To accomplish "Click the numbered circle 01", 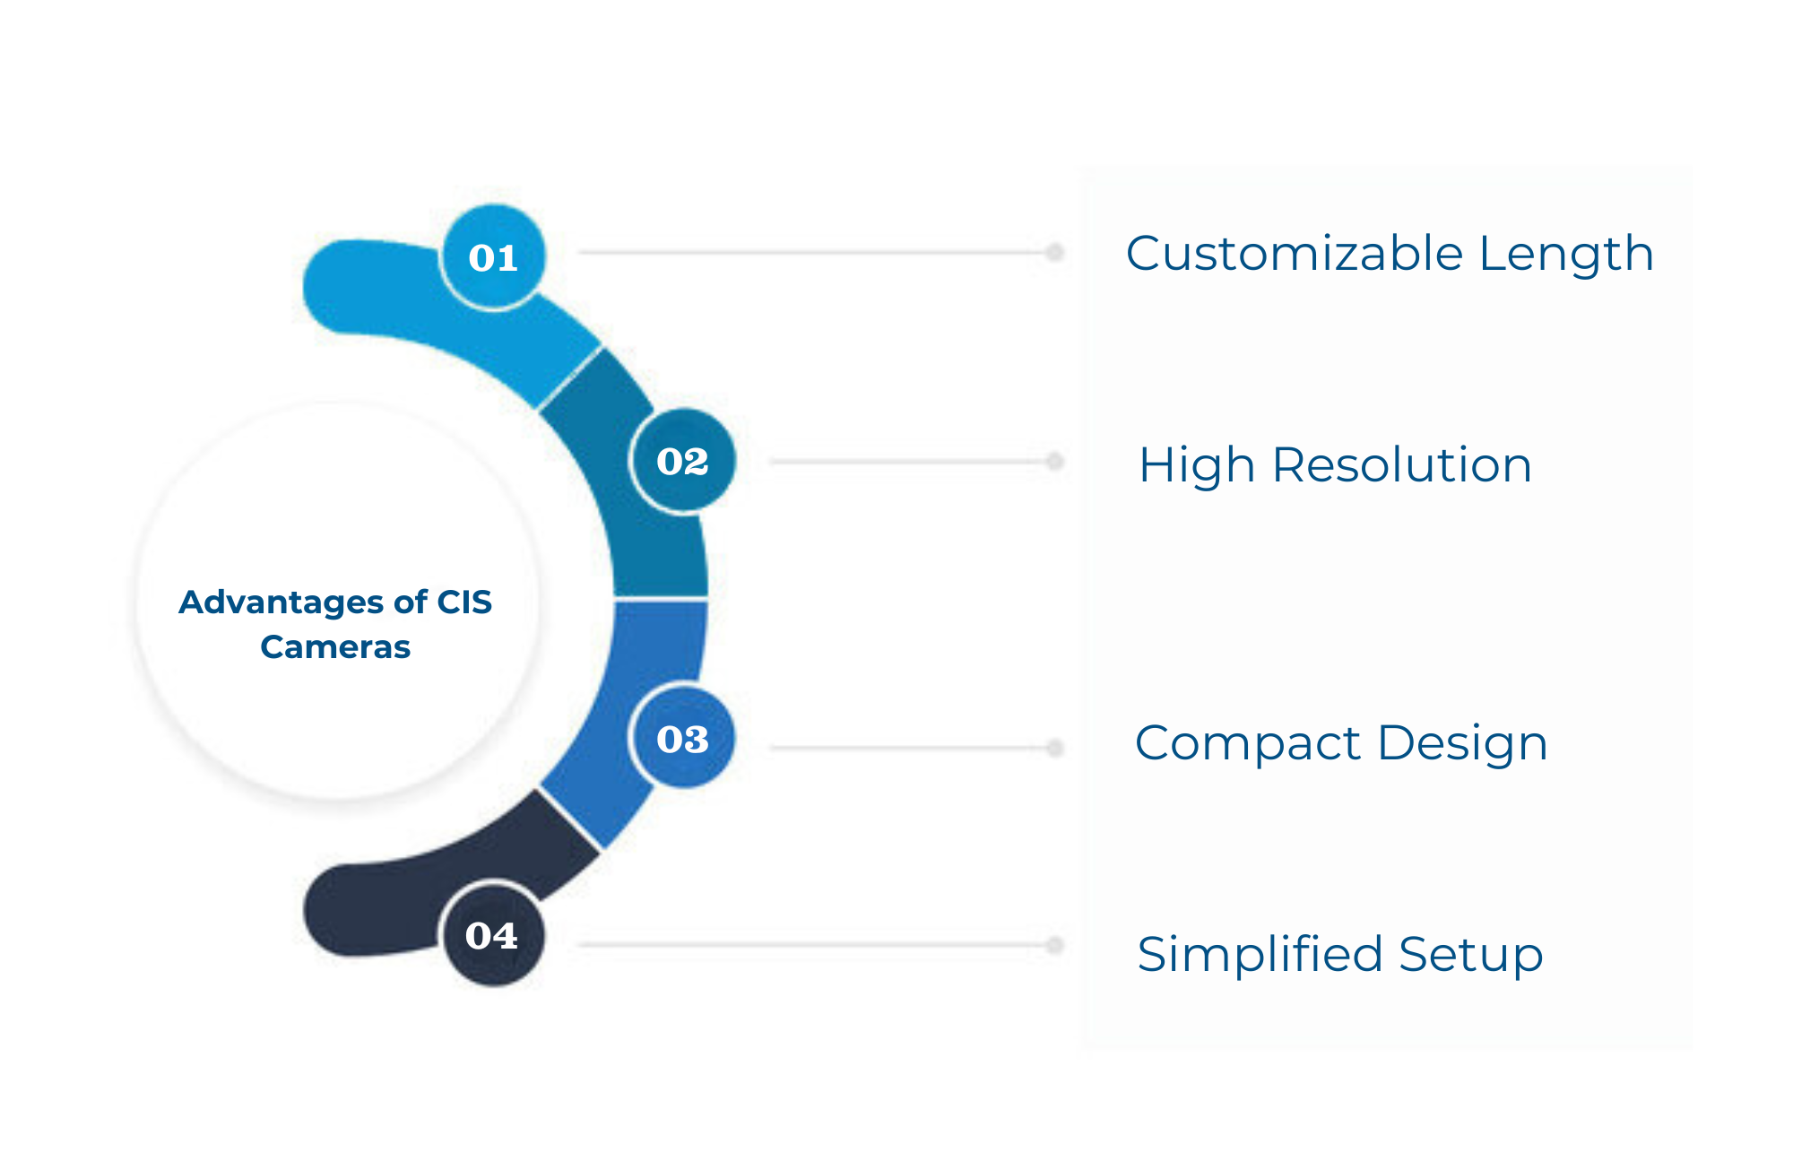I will coord(494,257).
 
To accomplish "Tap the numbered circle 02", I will coord(683,461).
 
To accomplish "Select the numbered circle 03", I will coord(683,739).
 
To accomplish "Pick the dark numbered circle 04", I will coord(493,935).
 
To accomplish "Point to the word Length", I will coord(1566,254).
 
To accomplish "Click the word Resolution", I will coord(1402,465).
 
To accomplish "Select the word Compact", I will coord(1248,744).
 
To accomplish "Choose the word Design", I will coord(1463,744).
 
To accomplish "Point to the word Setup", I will coord(1471,956).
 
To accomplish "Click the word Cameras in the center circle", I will coord(335,646).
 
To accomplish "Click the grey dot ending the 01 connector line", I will coord(1055,253).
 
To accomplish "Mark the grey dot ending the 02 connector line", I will coord(1055,462).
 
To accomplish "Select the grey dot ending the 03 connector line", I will coord(1055,748).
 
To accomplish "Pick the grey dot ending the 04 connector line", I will coord(1055,945).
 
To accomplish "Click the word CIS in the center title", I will coord(464,602).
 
